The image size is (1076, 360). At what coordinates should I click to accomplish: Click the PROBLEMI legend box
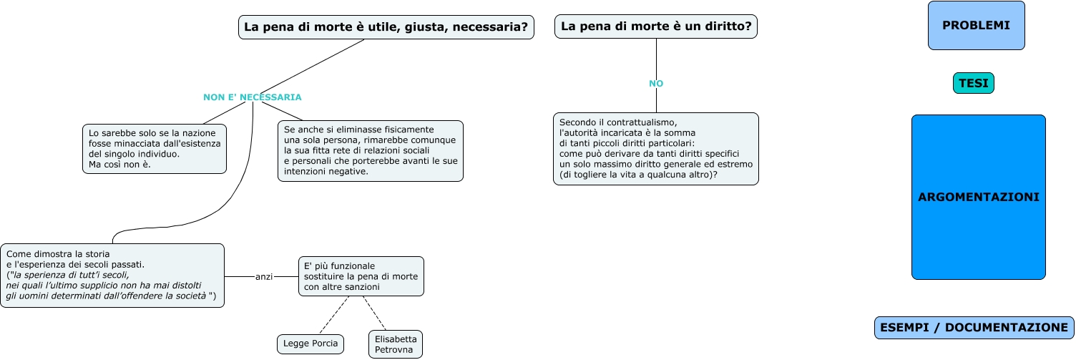point(976,26)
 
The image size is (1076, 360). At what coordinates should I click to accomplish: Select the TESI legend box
point(973,84)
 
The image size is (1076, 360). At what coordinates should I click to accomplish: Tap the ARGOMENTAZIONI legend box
point(978,197)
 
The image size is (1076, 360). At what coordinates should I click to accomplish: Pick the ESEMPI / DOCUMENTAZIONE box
point(974,328)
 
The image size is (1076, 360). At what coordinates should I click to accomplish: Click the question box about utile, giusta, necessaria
point(386,27)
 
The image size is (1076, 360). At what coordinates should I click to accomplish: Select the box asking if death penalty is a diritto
point(655,26)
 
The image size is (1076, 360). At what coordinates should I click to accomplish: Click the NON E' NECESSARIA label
point(252,97)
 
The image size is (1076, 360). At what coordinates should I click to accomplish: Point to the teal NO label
point(656,84)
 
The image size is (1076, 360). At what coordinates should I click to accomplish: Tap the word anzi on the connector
point(264,277)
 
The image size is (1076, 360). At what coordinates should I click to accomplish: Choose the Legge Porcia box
point(310,344)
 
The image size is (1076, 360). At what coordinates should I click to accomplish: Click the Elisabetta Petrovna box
point(395,344)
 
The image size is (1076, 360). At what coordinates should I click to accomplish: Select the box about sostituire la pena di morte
point(361,276)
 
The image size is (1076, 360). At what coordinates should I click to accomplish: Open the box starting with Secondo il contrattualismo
point(655,149)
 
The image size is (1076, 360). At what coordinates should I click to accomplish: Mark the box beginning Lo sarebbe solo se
point(155,149)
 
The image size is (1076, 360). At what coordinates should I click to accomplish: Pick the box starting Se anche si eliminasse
point(370,150)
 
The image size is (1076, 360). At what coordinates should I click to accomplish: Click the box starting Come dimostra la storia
point(112,276)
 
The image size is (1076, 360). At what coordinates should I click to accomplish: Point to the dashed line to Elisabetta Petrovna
point(374,313)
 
